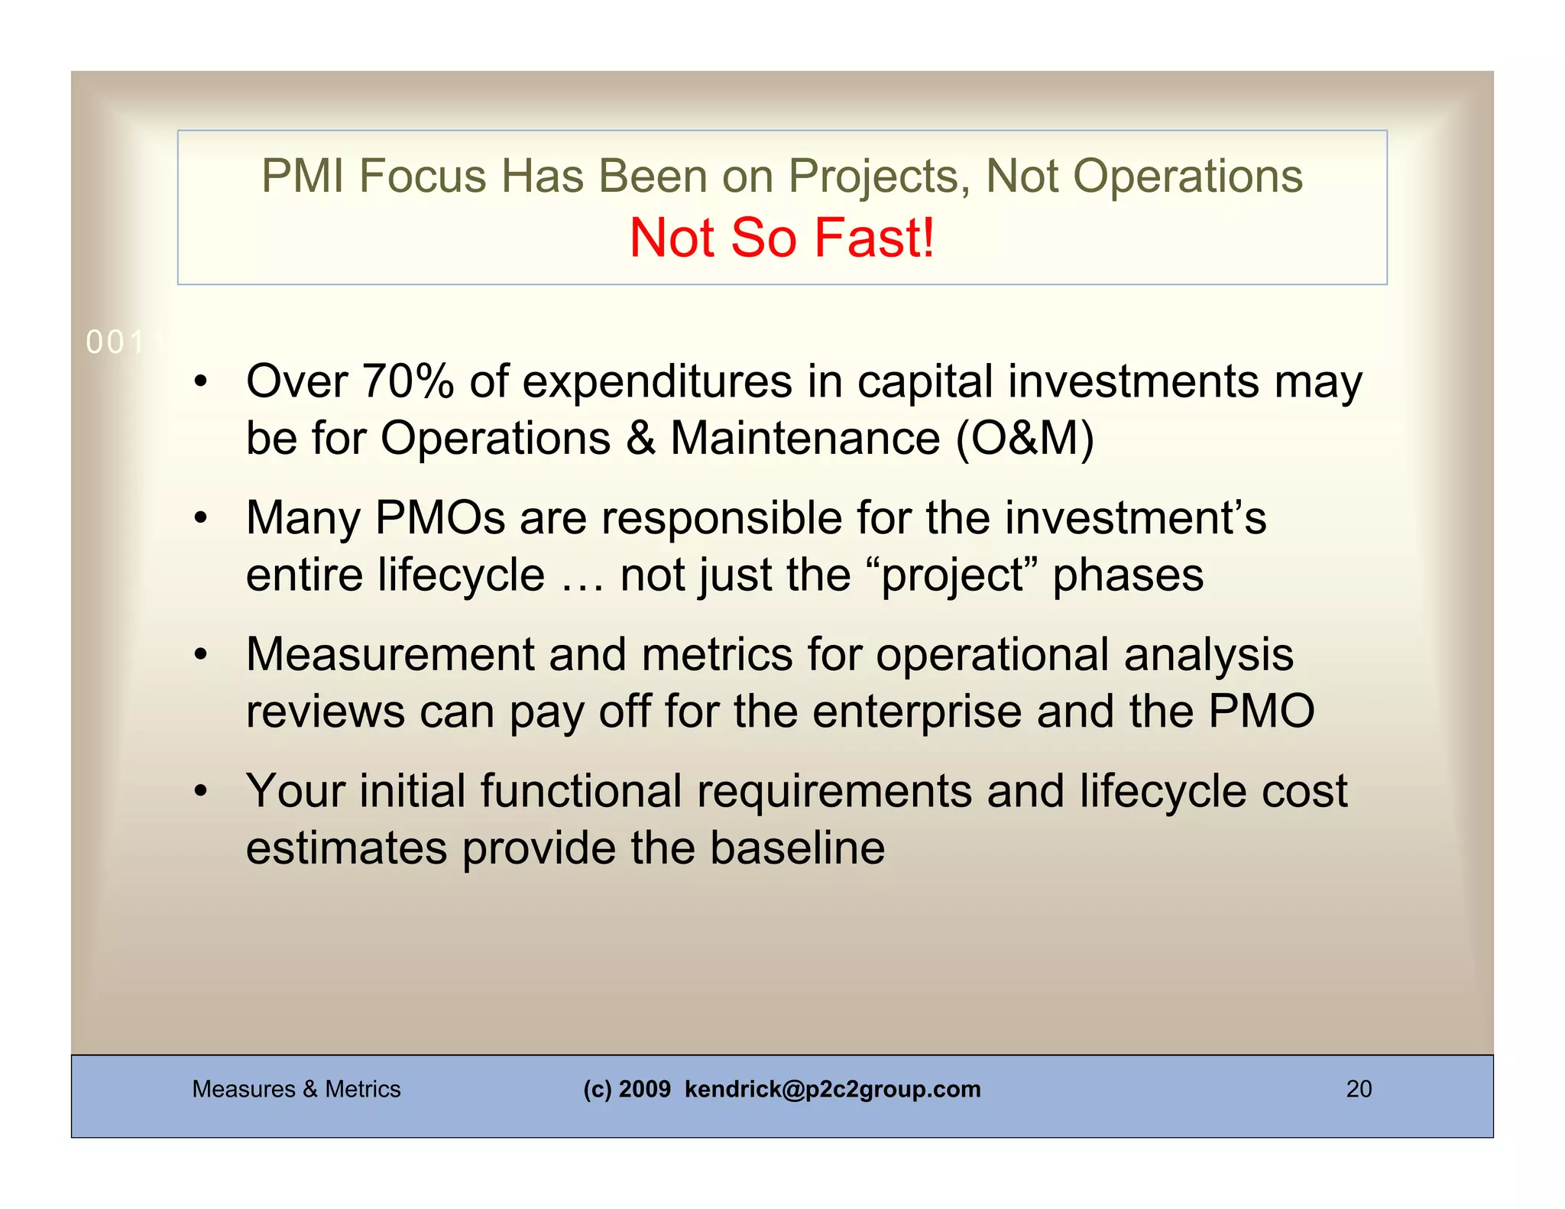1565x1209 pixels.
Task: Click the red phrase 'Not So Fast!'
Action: coord(781,238)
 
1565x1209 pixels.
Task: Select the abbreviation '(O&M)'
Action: coord(1026,439)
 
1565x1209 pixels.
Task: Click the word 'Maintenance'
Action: coord(805,439)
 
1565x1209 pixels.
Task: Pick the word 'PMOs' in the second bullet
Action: coord(440,517)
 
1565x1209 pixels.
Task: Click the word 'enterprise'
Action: coord(916,711)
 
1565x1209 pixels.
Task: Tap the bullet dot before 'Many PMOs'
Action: coord(200,519)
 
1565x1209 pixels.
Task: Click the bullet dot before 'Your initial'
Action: coord(200,792)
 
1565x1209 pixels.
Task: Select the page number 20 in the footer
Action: coord(1359,1089)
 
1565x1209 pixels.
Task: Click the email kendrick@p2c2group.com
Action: coord(832,1089)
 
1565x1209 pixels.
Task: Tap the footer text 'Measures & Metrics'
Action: coord(296,1089)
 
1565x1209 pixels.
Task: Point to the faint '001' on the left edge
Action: coord(115,343)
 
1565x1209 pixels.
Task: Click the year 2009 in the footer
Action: coord(644,1089)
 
